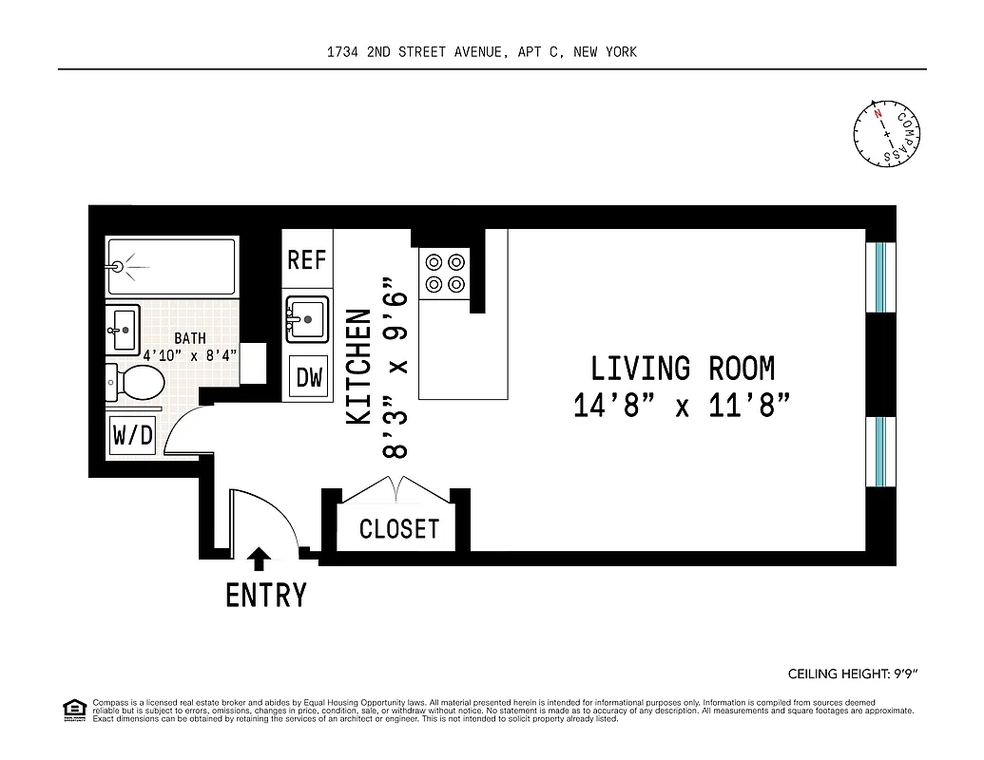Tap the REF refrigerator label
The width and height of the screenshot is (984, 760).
307,259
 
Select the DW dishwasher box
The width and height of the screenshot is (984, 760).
310,377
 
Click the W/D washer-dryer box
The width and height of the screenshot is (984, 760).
133,435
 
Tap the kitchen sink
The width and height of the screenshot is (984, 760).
307,318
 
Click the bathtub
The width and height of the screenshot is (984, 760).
171,266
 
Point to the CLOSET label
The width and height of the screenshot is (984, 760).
399,529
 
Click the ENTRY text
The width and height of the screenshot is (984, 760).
266,596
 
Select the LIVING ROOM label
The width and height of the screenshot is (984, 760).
683,368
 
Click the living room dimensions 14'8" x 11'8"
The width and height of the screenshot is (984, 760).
683,406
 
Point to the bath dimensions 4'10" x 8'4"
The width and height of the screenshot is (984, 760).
190,355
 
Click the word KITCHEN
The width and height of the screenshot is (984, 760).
358,366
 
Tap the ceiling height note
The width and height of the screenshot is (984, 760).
852,674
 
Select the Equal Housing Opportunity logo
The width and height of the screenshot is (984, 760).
72,709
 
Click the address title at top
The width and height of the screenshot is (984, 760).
481,52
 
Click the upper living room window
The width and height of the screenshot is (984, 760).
880,276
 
